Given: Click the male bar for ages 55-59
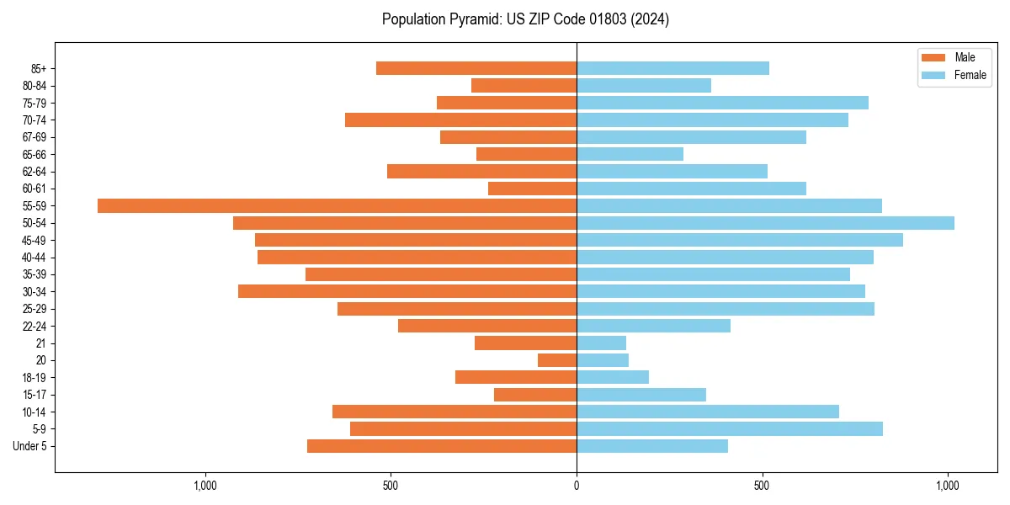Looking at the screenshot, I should pyautogui.click(x=337, y=205).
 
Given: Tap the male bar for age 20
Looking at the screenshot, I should pyautogui.click(x=557, y=360).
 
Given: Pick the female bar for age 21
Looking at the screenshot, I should pyautogui.click(x=601, y=343).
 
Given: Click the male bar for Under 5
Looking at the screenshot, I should pyautogui.click(x=442, y=446).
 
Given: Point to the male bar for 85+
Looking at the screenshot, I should pyautogui.click(x=476, y=68).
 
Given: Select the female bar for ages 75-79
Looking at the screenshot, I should pyautogui.click(x=722, y=103).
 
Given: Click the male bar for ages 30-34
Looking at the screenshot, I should pyautogui.click(x=407, y=291).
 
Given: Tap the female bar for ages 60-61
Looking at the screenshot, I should pyautogui.click(x=691, y=189).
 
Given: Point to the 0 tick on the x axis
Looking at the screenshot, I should pyautogui.click(x=577, y=486).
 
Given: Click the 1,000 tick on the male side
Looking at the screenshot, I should pyautogui.click(x=205, y=486).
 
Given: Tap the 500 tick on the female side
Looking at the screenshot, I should pyautogui.click(x=763, y=486).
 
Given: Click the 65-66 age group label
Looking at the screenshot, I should pyautogui.click(x=35, y=154).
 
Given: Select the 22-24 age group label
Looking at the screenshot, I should pyautogui.click(x=35, y=326).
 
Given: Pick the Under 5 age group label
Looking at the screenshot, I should pyautogui.click(x=29, y=446).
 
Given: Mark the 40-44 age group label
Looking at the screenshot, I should pyautogui.click(x=35, y=258).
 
